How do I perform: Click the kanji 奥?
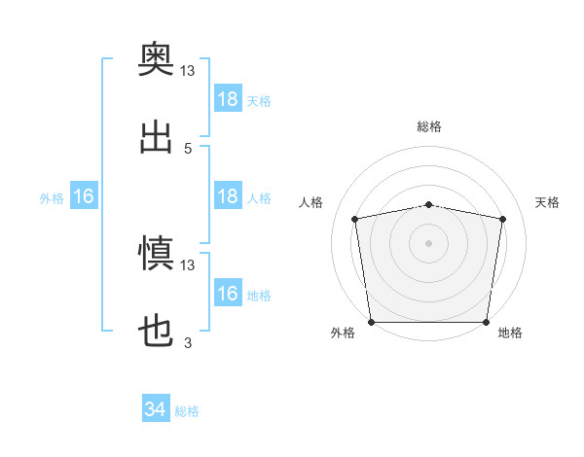156,58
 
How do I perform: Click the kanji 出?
156,137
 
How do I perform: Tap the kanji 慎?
156,253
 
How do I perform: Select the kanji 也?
156,331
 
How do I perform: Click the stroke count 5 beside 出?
188,149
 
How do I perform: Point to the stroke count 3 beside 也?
188,342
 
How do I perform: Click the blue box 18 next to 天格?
228,98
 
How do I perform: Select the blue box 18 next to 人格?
228,195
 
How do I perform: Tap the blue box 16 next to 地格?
228,292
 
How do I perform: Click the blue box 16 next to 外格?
84,195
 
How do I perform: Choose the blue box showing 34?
156,407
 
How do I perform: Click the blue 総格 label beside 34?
187,411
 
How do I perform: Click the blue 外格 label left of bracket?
52,198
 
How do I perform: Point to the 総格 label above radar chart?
429,126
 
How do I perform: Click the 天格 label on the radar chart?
547,202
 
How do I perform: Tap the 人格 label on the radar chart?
310,202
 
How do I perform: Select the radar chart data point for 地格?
486,322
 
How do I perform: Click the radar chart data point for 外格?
372,322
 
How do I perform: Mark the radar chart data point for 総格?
428,205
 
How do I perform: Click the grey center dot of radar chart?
428,243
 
